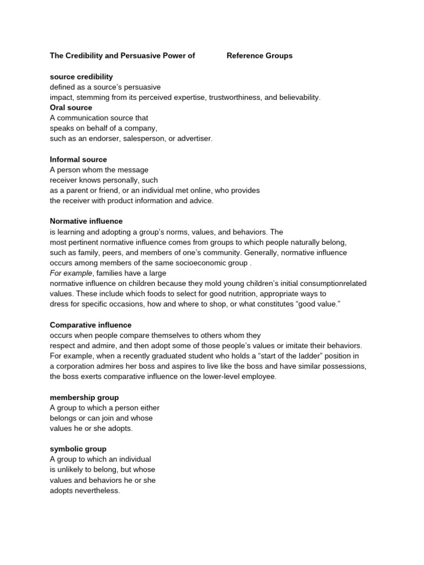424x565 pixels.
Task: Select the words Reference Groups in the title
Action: click(259, 56)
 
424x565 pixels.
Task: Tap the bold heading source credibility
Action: click(81, 77)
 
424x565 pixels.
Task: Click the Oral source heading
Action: click(71, 108)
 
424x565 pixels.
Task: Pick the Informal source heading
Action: click(78, 159)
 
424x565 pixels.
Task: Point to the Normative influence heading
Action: click(86, 221)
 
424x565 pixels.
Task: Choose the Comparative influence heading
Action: click(91, 325)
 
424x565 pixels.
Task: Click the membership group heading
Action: click(84, 397)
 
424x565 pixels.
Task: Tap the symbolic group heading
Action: click(78, 449)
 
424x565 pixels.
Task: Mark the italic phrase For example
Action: click(71, 273)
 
